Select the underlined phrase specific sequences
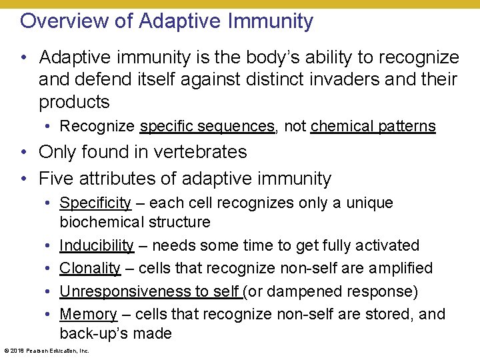coord(207,126)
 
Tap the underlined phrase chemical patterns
coord(373,126)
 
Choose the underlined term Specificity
coord(95,203)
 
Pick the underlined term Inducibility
coord(97,245)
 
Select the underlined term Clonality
coord(90,268)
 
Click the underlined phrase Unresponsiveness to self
coord(150,291)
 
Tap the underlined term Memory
coord(88,314)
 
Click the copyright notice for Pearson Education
coord(46,350)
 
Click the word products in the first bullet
coord(74,102)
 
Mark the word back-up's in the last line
coord(94,333)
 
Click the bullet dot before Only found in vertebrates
coord(24,152)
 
